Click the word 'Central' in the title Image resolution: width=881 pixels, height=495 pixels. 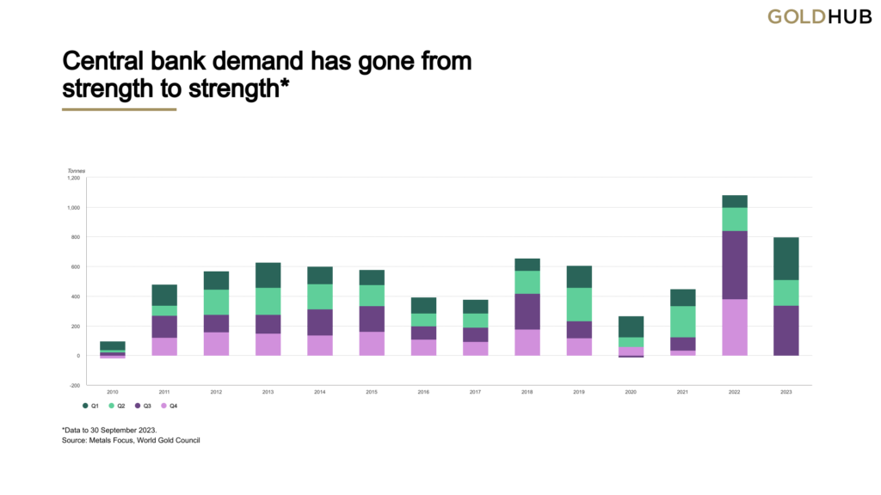(x=105, y=63)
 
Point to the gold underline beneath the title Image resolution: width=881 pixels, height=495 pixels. (x=119, y=110)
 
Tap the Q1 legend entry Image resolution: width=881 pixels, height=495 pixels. (x=90, y=404)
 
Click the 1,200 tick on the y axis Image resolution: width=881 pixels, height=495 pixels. (x=73, y=178)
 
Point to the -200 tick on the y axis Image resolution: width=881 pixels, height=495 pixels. (x=74, y=385)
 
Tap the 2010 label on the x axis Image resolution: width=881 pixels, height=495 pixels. (x=113, y=392)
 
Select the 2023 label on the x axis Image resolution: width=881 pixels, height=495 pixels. (x=786, y=392)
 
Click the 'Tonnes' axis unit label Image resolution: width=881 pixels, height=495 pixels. (x=77, y=170)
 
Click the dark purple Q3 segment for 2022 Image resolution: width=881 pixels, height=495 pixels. (x=734, y=265)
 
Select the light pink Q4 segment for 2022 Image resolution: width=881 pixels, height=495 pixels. (x=734, y=327)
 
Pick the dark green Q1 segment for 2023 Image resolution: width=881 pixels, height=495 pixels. (x=786, y=259)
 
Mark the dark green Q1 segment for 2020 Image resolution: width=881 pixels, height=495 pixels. (x=631, y=327)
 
